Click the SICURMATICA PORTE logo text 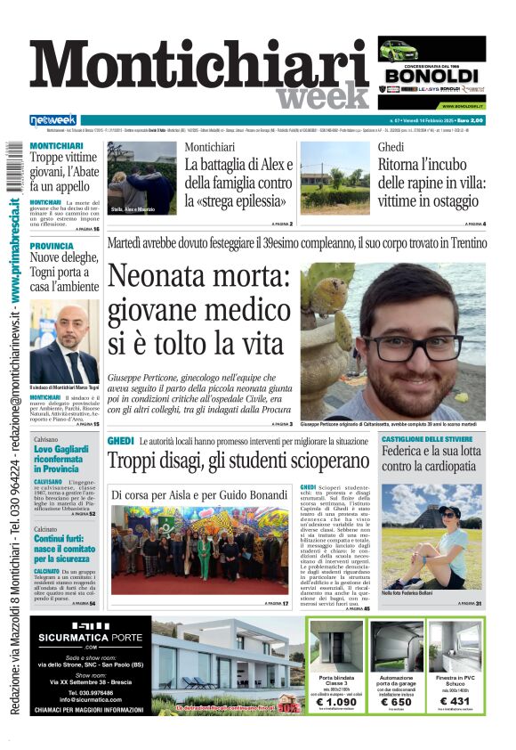tap(88, 638)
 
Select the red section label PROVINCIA tap(52, 246)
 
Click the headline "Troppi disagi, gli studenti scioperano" tap(238, 461)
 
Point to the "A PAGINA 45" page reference tap(356, 608)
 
